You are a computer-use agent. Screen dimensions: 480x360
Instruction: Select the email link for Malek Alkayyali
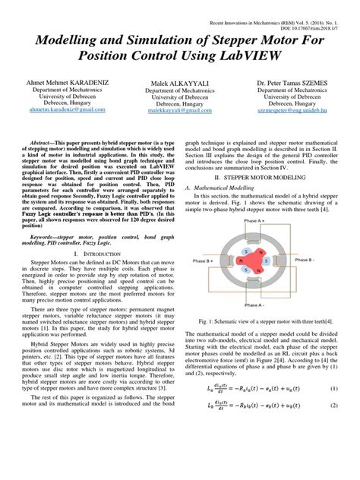[x=180, y=131]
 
